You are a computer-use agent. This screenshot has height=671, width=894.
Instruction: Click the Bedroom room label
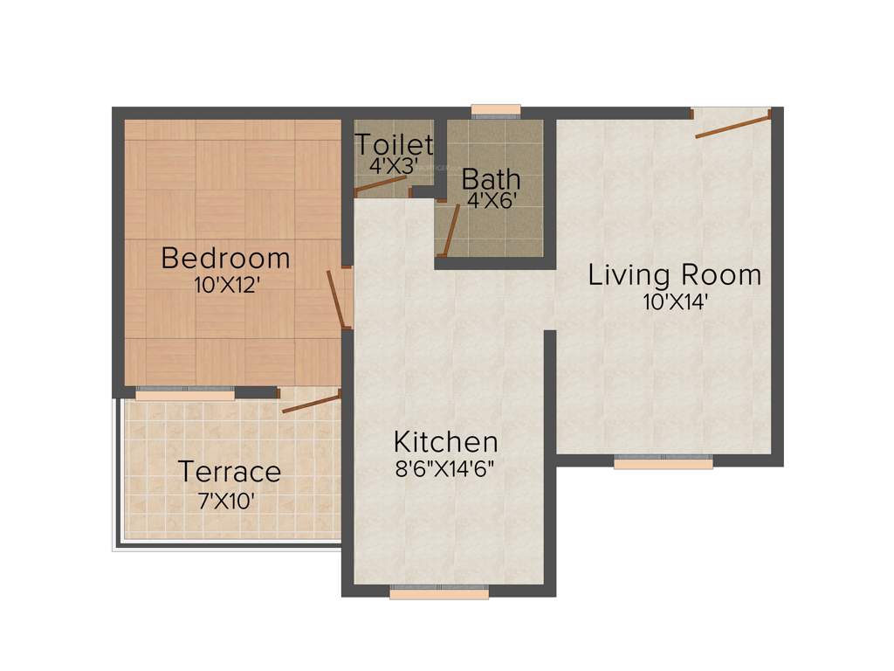point(225,259)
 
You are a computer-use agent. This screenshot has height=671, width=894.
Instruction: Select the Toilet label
point(394,144)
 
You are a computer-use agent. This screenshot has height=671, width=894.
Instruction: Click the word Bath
point(491,179)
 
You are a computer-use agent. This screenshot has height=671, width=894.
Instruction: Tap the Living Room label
point(674,275)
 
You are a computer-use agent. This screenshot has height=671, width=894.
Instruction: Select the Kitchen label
point(445,441)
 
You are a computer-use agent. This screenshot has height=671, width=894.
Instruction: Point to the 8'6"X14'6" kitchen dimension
point(445,467)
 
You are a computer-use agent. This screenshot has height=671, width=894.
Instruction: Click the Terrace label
point(230,472)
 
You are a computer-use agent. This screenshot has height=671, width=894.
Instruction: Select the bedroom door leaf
point(335,300)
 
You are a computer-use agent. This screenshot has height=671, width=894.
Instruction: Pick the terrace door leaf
point(311,403)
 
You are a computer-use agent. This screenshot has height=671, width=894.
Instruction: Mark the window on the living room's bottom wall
point(663,463)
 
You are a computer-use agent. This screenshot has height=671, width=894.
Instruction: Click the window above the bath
point(496,110)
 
